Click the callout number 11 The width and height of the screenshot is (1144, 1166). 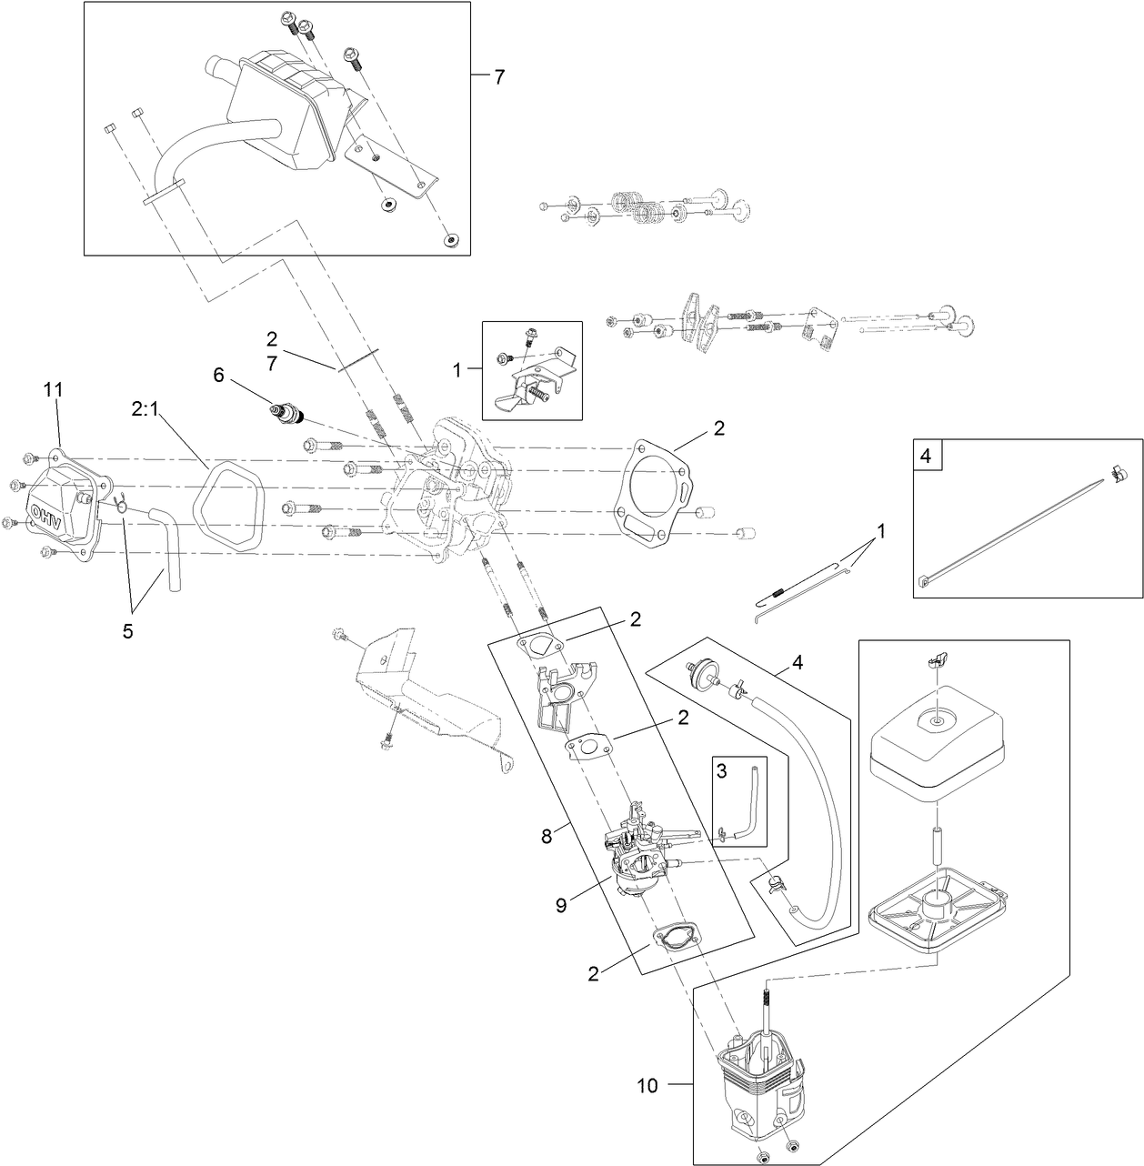click(x=54, y=390)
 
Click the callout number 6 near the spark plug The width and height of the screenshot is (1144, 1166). click(x=217, y=374)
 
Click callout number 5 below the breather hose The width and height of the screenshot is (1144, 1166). click(x=127, y=630)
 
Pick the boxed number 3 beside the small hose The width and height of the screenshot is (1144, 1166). click(x=721, y=770)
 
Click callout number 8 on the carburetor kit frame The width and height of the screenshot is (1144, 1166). click(x=547, y=837)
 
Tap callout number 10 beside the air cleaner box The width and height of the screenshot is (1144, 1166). click(x=647, y=1085)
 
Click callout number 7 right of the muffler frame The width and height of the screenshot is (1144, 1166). click(x=498, y=77)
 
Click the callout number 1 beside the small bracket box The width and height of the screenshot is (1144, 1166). click(x=458, y=370)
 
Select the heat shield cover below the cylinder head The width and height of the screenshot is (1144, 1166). click(x=427, y=700)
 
